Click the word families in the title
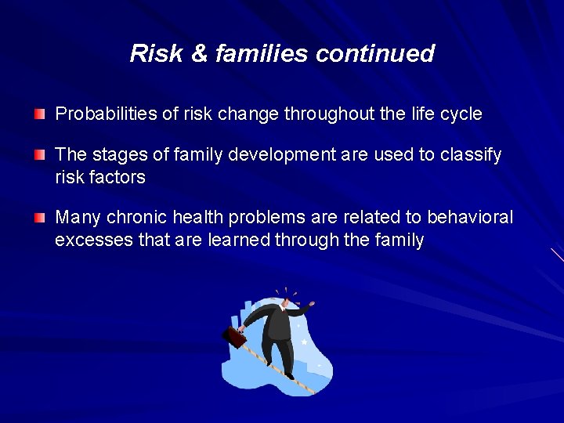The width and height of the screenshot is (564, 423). pos(256,53)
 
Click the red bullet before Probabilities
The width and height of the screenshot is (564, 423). pos(40,114)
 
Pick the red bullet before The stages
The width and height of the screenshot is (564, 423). pos(40,155)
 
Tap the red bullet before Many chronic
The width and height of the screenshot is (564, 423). pos(40,218)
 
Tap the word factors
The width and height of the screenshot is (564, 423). pos(117,177)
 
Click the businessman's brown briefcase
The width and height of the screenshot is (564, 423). pos(233,337)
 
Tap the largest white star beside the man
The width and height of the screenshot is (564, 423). pos(304,342)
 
